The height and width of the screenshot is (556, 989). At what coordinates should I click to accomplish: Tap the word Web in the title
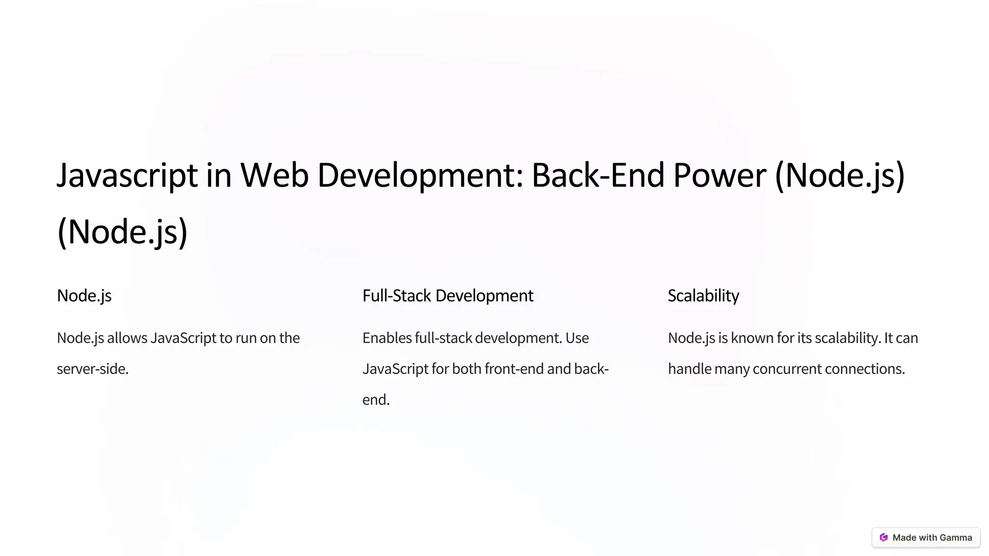[x=274, y=175]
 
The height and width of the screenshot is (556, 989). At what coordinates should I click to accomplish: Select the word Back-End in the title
[x=598, y=175]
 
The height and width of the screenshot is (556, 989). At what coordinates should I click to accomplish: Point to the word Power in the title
[x=720, y=175]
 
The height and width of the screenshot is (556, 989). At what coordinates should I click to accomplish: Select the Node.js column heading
[x=84, y=296]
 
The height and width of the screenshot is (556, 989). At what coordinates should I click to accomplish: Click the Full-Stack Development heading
[x=448, y=296]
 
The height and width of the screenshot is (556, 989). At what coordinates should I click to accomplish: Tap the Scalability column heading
[x=703, y=296]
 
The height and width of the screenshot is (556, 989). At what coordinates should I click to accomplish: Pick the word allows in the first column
[x=127, y=338]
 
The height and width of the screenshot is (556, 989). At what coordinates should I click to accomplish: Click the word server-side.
[x=93, y=369]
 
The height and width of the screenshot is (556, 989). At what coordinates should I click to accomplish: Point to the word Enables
[x=387, y=338]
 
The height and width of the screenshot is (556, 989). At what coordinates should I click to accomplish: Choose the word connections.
[x=865, y=369]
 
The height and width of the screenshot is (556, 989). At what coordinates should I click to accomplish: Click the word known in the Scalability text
[x=752, y=338]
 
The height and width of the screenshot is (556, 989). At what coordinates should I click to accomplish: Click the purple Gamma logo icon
[x=884, y=538]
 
